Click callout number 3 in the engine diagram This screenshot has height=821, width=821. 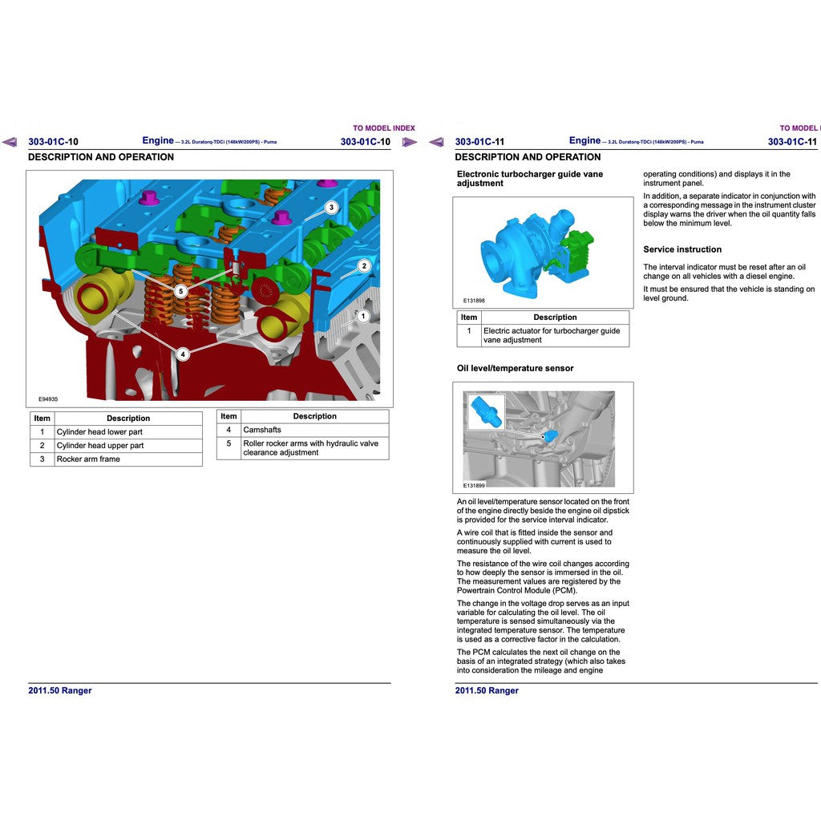(331, 207)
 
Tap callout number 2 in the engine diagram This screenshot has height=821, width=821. (363, 265)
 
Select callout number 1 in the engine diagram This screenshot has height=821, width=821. (362, 316)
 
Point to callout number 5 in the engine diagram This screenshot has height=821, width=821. (181, 291)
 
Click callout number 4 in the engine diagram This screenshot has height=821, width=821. (183, 354)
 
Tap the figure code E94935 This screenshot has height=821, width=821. (48, 398)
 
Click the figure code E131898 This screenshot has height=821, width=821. (474, 301)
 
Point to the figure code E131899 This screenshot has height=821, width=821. (474, 485)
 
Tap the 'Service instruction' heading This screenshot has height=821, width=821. (682, 249)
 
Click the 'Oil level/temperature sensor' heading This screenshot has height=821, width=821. (515, 368)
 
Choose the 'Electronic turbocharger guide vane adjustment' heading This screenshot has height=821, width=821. (530, 179)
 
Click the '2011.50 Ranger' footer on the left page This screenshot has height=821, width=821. (60, 690)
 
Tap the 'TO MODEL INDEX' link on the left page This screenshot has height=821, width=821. (384, 128)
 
